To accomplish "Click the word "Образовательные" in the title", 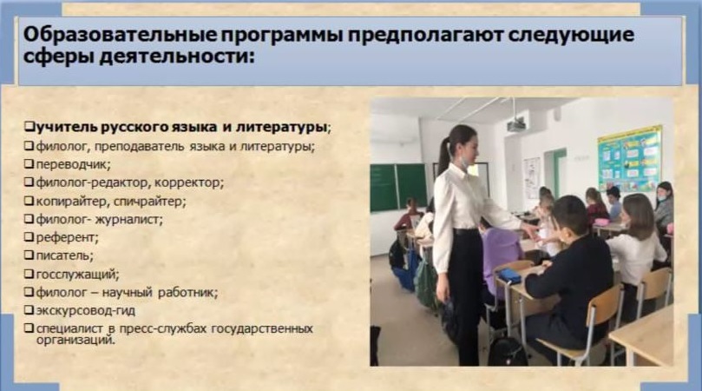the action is (x=119, y=35).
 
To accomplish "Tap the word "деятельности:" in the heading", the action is (x=176, y=58).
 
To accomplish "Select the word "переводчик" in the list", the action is (x=72, y=164).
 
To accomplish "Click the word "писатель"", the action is (x=63, y=255).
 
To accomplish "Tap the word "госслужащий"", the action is (x=76, y=275).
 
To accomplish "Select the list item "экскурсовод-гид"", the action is (x=86, y=310).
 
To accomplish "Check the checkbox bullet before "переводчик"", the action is (x=30, y=164).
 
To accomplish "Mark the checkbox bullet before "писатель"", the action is (x=30, y=255).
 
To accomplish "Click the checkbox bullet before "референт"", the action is (x=30, y=236).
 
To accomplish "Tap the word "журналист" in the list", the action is (x=131, y=220).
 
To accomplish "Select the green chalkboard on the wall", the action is (x=398, y=188).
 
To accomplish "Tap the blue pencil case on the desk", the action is (x=509, y=275).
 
